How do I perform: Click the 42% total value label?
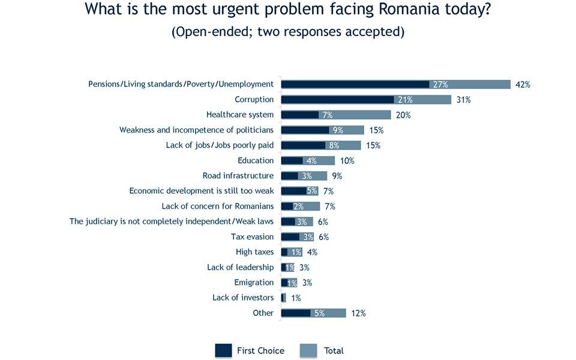tap(523, 85)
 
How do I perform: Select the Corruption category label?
tap(254, 100)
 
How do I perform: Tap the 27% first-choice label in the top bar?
tap(440, 85)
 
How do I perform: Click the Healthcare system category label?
tap(239, 115)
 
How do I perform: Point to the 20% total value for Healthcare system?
tap(403, 115)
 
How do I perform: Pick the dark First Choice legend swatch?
tap(223, 350)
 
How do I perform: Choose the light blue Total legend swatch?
tap(308, 350)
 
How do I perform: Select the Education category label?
tap(256, 160)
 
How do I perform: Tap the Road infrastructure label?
tap(238, 176)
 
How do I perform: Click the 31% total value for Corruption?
tap(463, 100)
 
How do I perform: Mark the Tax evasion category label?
tap(252, 236)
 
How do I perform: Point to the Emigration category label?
tap(253, 283)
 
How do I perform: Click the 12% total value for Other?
tap(358, 313)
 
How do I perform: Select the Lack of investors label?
tap(243, 298)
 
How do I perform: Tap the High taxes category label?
tap(254, 252)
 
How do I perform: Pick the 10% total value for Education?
tap(347, 161)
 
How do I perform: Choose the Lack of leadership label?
tap(240, 267)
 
